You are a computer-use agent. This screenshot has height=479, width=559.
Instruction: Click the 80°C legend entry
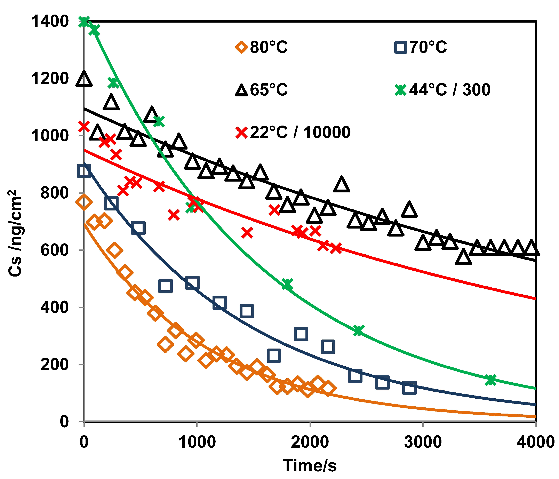pyautogui.click(x=262, y=47)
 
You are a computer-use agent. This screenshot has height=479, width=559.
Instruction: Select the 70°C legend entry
pyautogui.click(x=421, y=47)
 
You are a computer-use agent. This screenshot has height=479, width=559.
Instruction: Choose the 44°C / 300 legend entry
pyautogui.click(x=442, y=90)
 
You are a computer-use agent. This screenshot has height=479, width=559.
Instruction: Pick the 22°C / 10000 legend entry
pyautogui.click(x=293, y=132)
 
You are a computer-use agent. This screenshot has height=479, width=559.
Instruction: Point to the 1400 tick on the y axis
pyautogui.click(x=50, y=21)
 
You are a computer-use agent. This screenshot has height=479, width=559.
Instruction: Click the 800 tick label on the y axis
pyautogui.click(x=54, y=193)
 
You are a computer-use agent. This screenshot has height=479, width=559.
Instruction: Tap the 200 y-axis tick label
pyautogui.click(x=54, y=365)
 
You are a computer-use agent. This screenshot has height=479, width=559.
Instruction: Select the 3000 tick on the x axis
pyautogui.click(x=423, y=442)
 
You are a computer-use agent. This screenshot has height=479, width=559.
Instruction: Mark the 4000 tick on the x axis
pyautogui.click(x=536, y=442)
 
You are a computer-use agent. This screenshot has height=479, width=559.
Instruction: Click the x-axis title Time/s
pyautogui.click(x=310, y=465)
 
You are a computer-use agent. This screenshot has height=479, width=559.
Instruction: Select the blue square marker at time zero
pyautogui.click(x=84, y=171)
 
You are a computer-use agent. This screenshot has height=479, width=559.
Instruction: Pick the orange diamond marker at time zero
pyautogui.click(x=84, y=202)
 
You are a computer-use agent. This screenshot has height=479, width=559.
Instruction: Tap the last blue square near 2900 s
pyautogui.click(x=409, y=388)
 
